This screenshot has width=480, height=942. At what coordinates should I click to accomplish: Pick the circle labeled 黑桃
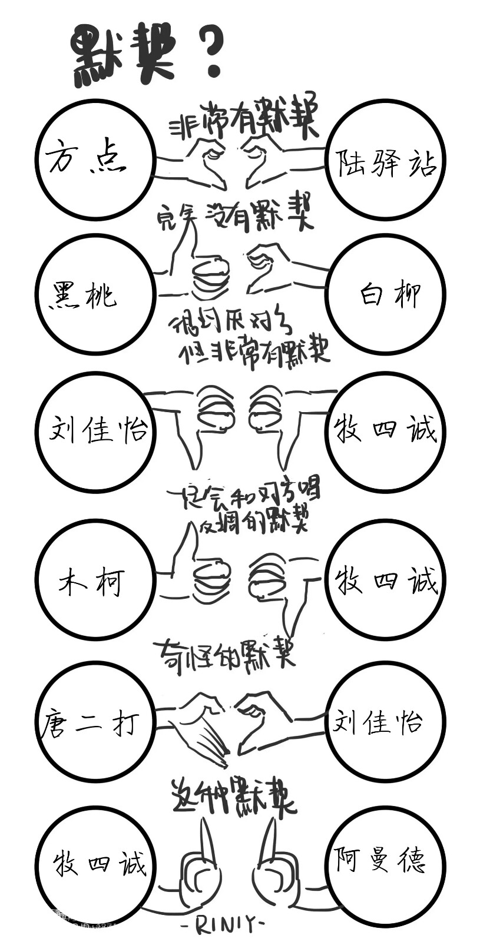tap(94, 294)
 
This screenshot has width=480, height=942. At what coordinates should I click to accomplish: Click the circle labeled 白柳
tap(386, 294)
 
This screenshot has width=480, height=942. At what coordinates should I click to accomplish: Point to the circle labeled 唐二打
tap(94, 722)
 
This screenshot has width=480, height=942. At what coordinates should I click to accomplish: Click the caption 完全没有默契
tap(236, 218)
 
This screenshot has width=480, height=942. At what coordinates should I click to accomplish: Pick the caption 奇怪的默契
tap(224, 652)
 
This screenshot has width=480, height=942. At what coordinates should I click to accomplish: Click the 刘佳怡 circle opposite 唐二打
tap(386, 722)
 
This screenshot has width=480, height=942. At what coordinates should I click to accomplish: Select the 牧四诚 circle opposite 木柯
tap(386, 580)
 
